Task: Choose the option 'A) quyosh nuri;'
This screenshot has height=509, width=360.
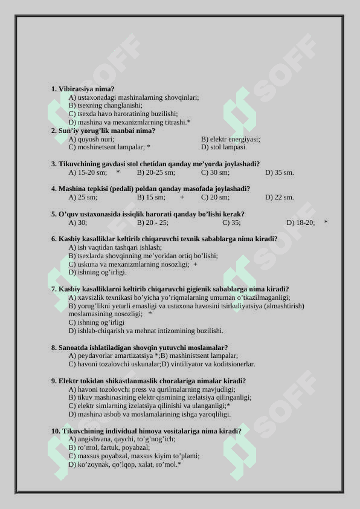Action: point(91,139)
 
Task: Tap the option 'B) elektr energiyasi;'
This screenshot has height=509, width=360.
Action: point(230,139)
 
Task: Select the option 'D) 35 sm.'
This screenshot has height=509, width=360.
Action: point(279,172)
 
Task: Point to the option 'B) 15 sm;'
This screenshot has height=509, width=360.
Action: point(151,197)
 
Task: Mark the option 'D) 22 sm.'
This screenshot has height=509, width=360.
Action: point(279,197)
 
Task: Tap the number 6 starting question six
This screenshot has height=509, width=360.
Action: point(53,239)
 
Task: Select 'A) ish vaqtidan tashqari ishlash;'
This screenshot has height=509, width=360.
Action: point(115,247)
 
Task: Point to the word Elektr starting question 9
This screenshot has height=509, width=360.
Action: point(68,381)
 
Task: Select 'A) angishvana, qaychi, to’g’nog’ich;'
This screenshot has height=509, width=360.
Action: point(121,439)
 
